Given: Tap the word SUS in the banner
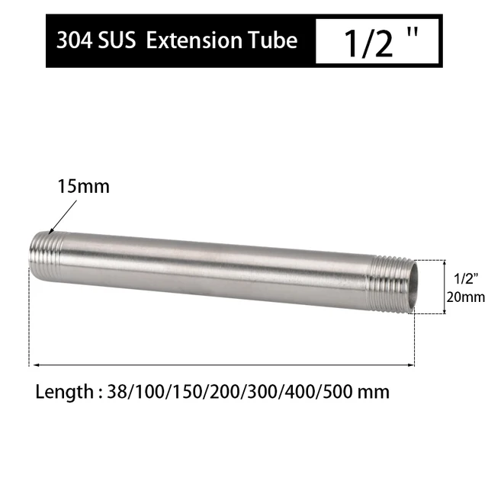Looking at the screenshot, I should point(116,40).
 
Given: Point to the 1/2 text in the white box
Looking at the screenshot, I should point(368,42).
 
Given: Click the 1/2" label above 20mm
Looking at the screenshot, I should point(465,278).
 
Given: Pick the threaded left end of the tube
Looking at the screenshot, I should point(47,249).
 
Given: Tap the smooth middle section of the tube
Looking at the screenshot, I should point(221,267).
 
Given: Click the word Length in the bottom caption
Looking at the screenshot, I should point(63,393).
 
